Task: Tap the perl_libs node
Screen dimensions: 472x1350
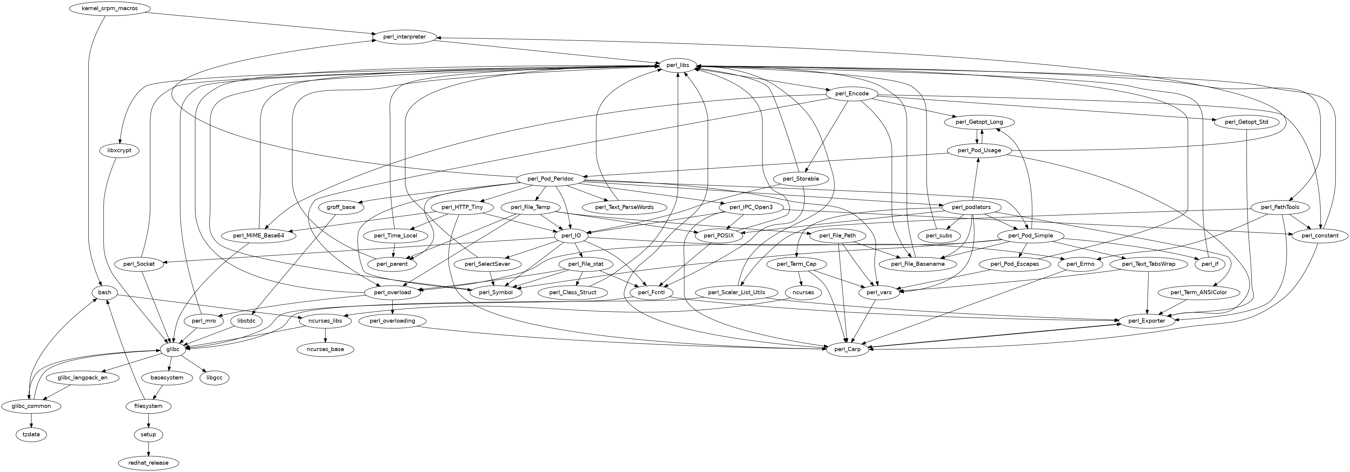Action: pyautogui.click(x=678, y=65)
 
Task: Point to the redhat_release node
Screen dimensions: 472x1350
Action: pyautogui.click(x=149, y=463)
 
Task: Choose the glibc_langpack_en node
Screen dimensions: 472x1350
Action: pyautogui.click(x=83, y=378)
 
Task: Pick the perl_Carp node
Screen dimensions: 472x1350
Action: pyautogui.click(x=847, y=349)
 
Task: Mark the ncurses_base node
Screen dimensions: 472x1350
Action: pyautogui.click(x=325, y=349)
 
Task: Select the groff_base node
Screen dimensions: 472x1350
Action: pyautogui.click(x=341, y=207)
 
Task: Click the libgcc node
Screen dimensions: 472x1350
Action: pyautogui.click(x=215, y=378)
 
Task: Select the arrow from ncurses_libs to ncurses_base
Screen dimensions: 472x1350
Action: pyautogui.click(x=325, y=335)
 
